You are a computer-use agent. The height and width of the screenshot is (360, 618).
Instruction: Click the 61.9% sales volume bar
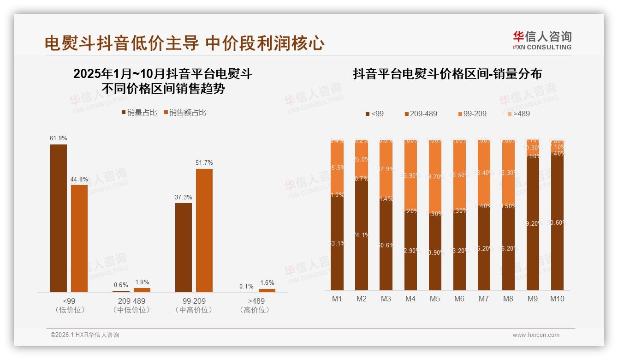click(59, 218)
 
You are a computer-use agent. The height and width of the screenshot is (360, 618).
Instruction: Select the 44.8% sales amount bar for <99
click(79, 238)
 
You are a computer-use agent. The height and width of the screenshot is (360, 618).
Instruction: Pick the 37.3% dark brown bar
click(184, 247)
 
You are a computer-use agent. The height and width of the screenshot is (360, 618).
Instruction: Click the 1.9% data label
click(142, 282)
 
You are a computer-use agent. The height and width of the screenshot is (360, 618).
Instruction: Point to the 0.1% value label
click(246, 286)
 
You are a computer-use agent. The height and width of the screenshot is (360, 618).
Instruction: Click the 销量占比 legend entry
click(139, 112)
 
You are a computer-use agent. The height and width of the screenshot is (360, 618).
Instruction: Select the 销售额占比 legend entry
click(184, 112)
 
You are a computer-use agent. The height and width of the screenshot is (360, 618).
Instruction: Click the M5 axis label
click(434, 299)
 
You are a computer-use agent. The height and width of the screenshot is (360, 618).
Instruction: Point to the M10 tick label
click(557, 299)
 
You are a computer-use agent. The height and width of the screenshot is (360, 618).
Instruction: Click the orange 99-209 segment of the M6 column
click(459, 175)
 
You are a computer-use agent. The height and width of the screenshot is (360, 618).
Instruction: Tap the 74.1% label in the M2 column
click(362, 235)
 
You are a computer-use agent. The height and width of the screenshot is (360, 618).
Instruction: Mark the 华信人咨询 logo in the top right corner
click(542, 40)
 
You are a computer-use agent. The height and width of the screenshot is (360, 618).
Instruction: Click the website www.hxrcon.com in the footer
click(536, 335)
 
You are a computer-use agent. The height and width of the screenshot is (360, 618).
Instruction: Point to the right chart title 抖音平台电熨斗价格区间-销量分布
click(447, 74)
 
